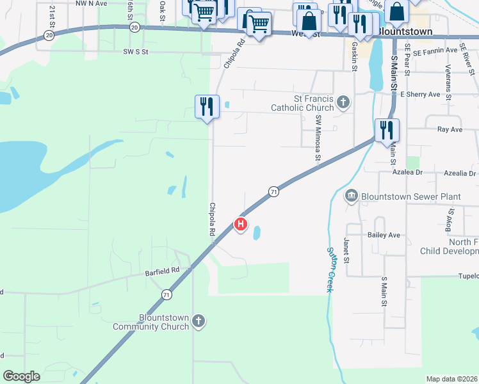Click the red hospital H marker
[x=241, y=223]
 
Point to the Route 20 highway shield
[x=134, y=28]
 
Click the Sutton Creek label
[x=330, y=269]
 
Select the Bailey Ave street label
[x=384, y=235]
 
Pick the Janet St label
[x=346, y=250]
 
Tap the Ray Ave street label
[x=450, y=129]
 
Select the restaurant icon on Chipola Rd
[x=207, y=106]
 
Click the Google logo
[x=21, y=376]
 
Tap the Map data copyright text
[x=451, y=379]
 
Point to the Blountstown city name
[x=404, y=31]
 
